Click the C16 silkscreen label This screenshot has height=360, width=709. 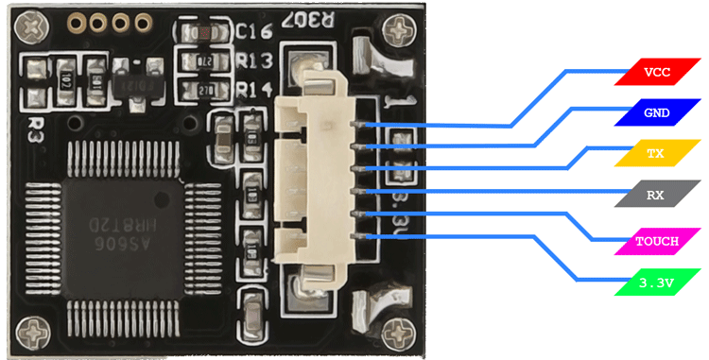[253, 32]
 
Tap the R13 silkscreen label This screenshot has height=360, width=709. [253, 61]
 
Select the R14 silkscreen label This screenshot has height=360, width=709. [253, 89]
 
